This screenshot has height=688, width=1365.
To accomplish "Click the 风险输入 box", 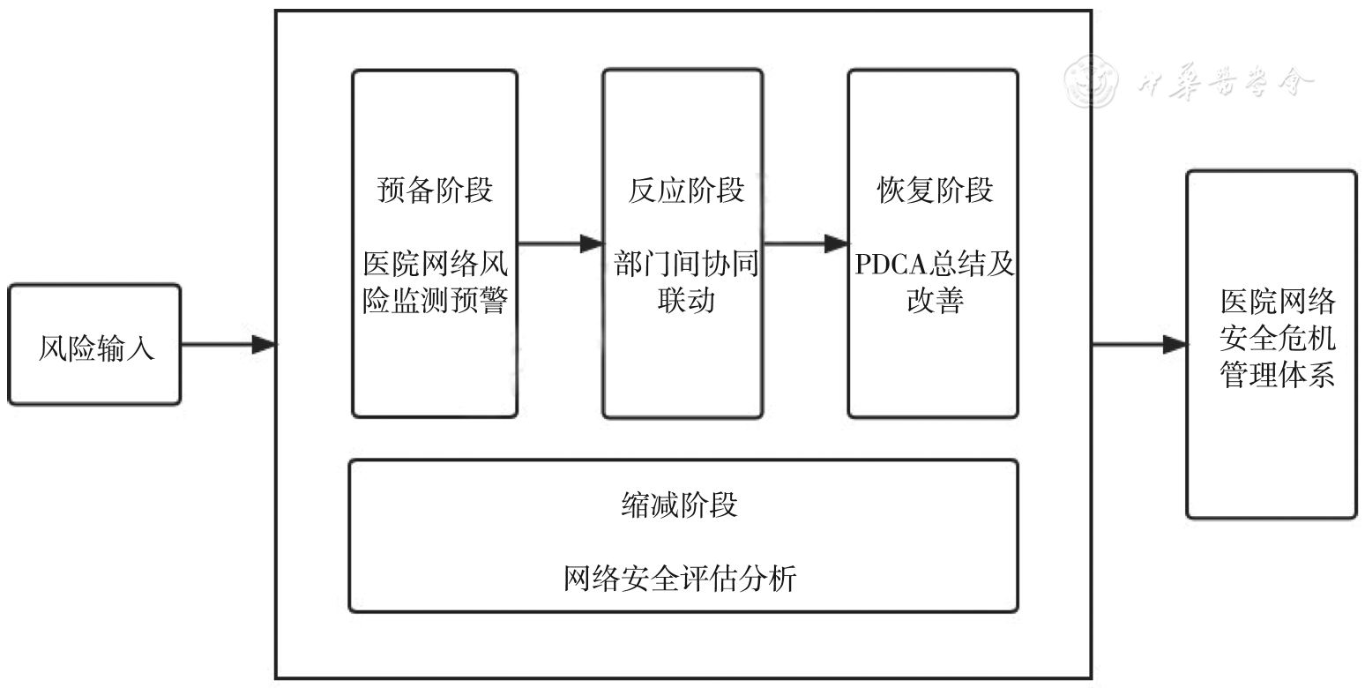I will point(95,345).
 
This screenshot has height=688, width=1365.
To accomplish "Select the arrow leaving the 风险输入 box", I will point(228,345).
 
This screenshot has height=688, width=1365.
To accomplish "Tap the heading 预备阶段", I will point(435,191).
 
